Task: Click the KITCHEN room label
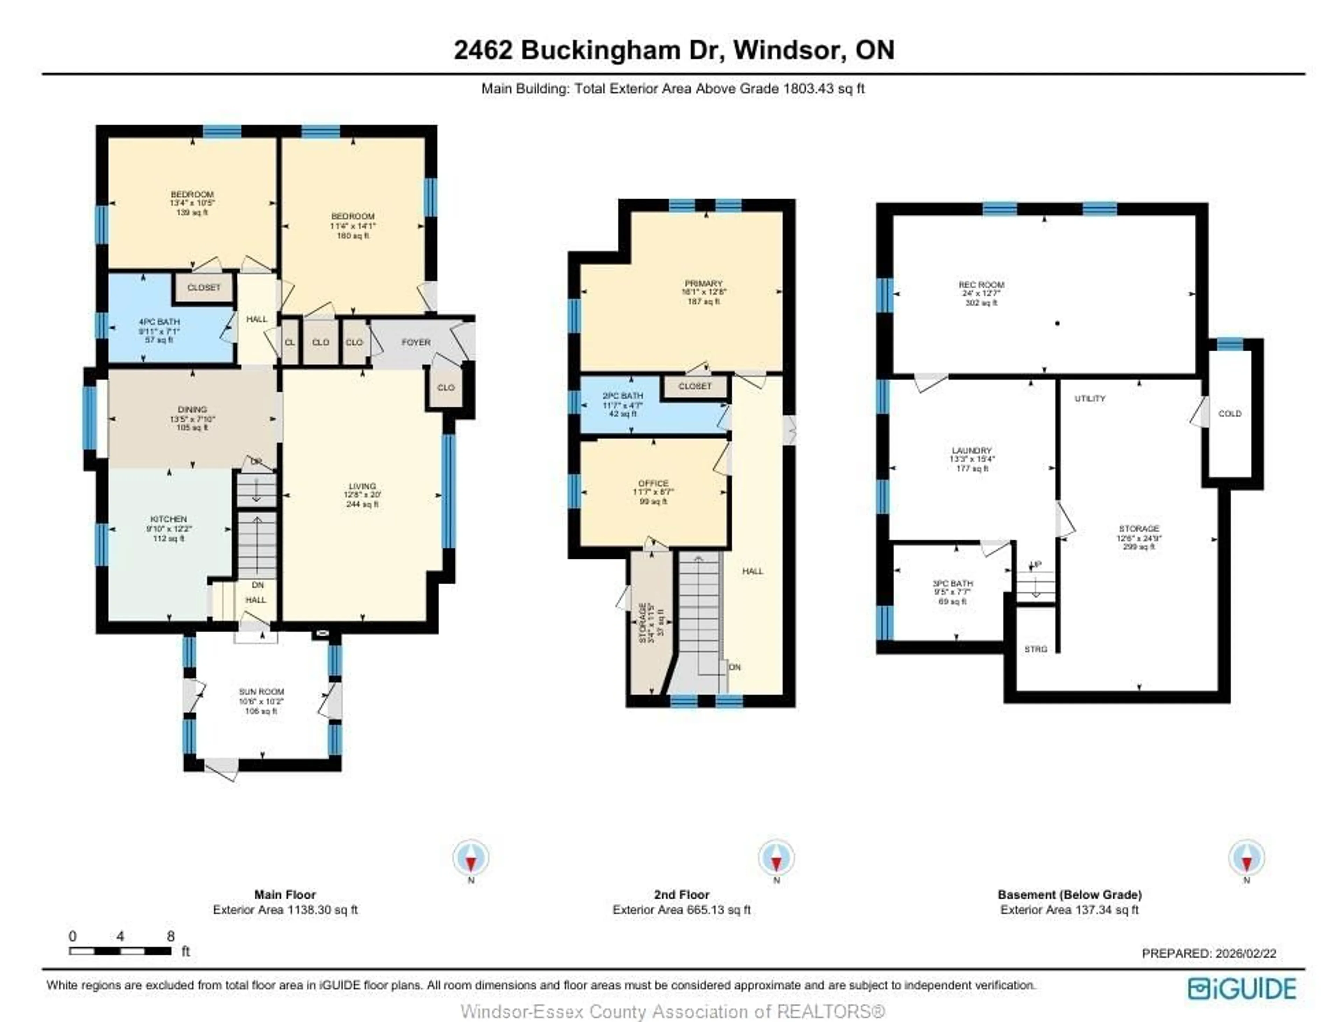169,519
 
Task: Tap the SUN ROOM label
261,692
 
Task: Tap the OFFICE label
653,483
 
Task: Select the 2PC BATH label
623,395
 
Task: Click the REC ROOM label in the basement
981,285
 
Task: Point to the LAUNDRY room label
972,451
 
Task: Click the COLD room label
1229,414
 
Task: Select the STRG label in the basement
1036,649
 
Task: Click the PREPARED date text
1208,953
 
